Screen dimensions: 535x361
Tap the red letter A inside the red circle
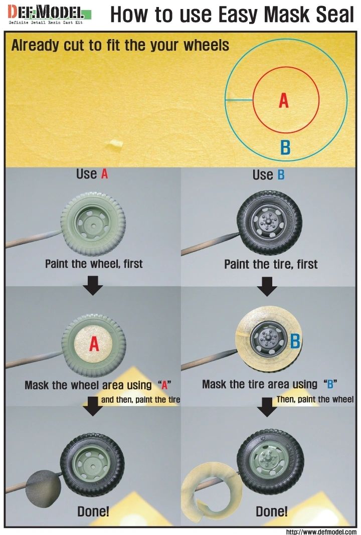(x=284, y=101)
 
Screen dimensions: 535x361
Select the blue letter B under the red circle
(x=285, y=147)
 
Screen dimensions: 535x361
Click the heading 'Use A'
(x=92, y=174)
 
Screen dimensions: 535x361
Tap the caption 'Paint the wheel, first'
(x=94, y=263)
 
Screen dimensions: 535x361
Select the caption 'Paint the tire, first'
(x=271, y=264)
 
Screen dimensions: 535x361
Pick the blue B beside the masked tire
(x=294, y=341)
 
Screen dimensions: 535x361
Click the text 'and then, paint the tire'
(x=140, y=400)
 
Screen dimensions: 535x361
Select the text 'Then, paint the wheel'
(x=315, y=400)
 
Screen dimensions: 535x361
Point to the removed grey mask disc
(x=44, y=484)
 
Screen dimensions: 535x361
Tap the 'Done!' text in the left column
(x=93, y=512)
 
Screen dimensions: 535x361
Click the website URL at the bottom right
(x=321, y=531)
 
